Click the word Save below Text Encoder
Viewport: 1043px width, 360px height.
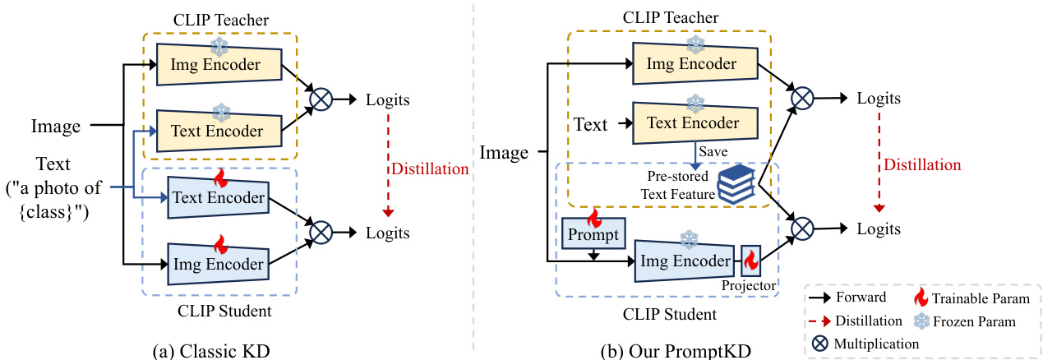[x=712, y=151]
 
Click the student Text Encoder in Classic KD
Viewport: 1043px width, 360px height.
[x=218, y=198]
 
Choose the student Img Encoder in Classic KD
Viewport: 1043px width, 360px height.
[x=218, y=264]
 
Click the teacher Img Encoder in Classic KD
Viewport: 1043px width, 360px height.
[x=218, y=63]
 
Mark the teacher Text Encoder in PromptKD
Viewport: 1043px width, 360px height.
[x=693, y=123]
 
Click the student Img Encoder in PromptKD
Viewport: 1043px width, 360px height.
[x=685, y=261]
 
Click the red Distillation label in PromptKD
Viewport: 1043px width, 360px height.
[x=921, y=165]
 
